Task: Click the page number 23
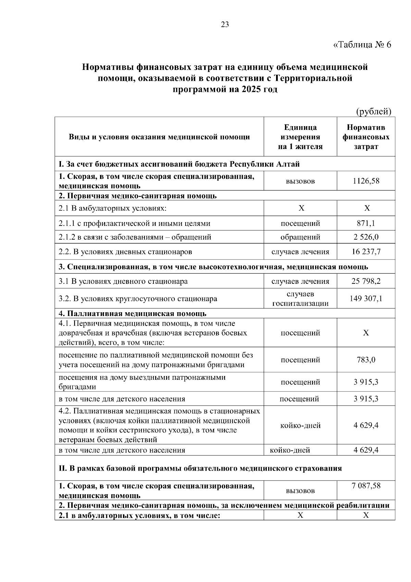(225, 24)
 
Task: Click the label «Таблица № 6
(362, 45)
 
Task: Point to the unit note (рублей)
(374, 111)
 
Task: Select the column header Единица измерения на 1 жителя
(300, 137)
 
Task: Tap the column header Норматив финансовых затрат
(366, 137)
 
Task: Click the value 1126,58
(366, 181)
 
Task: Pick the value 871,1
(366, 223)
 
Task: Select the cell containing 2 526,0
(366, 237)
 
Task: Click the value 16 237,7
(366, 252)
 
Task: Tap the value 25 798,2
(366, 281)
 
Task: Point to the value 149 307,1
(366, 299)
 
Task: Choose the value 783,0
(366, 360)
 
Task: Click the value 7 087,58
(366, 486)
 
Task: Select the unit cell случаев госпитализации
(300, 299)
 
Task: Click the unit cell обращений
(300, 237)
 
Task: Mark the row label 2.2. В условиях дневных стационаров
(125, 252)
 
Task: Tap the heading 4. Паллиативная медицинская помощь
(133, 314)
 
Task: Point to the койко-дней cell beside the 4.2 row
(300, 425)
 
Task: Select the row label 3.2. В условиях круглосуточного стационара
(138, 299)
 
